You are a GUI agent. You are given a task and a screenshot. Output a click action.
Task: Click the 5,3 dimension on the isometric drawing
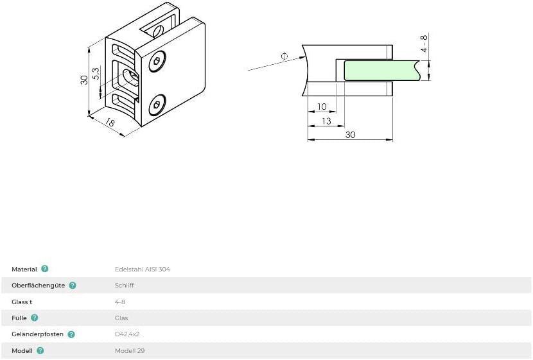tap(96, 74)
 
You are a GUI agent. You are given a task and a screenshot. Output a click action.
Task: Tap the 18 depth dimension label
tap(110, 122)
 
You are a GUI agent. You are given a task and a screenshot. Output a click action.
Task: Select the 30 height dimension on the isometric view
tap(84, 80)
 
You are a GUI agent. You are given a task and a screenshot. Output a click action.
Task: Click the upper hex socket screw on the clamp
tap(157, 62)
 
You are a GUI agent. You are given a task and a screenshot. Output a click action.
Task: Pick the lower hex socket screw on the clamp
tap(157, 105)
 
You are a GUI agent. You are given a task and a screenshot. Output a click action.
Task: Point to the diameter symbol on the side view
tap(284, 56)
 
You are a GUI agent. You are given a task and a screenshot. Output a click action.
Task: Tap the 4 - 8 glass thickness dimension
tap(424, 43)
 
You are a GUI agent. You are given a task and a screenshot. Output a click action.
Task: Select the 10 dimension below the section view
tap(322, 107)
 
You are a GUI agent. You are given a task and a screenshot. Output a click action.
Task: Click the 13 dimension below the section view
tap(326, 121)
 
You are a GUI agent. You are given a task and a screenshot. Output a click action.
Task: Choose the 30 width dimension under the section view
tap(350, 135)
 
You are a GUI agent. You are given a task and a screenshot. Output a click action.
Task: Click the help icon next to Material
tap(45, 269)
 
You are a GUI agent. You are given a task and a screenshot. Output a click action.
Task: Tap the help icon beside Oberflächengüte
tap(73, 286)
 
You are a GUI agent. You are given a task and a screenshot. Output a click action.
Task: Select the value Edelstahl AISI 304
tap(143, 270)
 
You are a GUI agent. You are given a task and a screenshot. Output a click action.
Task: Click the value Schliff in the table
tap(125, 286)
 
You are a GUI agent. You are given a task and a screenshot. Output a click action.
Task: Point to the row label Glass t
tap(22, 302)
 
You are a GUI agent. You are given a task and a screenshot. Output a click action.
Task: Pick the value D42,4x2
tap(127, 334)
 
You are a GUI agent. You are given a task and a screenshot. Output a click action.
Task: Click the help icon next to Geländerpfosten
tap(71, 334)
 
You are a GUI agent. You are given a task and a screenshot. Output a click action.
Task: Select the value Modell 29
tap(130, 351)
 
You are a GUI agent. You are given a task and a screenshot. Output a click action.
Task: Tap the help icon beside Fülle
tap(34, 318)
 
